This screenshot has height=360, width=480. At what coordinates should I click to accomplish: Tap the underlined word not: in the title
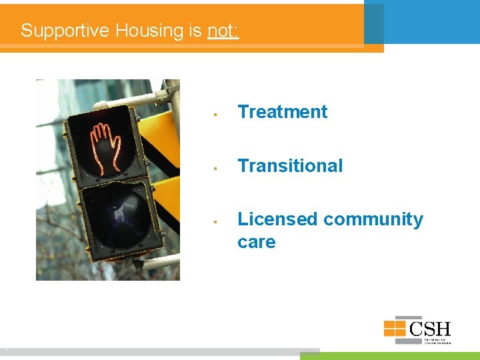(223, 31)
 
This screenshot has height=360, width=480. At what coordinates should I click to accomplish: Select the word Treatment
(282, 112)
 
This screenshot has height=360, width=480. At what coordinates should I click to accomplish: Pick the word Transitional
(290, 166)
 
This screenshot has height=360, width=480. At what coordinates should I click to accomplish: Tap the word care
(256, 242)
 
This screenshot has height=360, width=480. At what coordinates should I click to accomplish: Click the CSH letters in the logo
(430, 329)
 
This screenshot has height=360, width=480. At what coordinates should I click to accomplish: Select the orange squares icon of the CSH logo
(395, 328)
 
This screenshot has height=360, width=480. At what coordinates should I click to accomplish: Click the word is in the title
(195, 31)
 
